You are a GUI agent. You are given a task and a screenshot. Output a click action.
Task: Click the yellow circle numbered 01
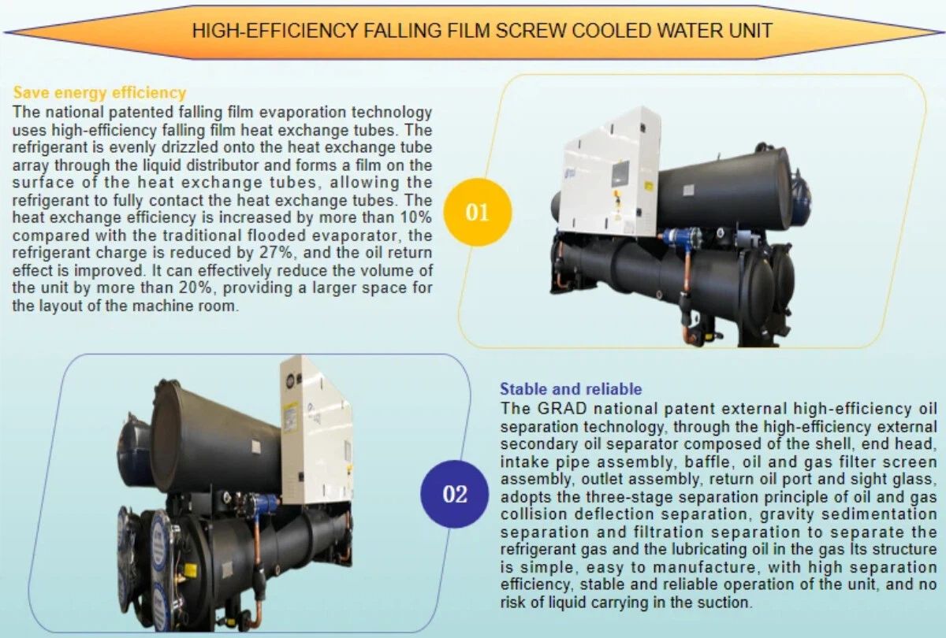pyautogui.click(x=477, y=213)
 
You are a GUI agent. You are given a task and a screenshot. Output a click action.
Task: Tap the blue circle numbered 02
pyautogui.click(x=455, y=494)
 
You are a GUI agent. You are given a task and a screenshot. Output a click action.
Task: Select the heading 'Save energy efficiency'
pyautogui.click(x=99, y=93)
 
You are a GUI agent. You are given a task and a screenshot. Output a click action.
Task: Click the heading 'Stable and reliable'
pyautogui.click(x=571, y=389)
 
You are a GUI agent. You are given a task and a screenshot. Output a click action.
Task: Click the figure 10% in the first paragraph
pyautogui.click(x=413, y=217)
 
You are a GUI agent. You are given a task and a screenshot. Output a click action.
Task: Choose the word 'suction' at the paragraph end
pyautogui.click(x=724, y=603)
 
